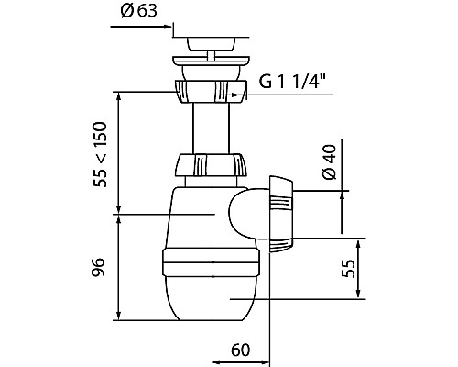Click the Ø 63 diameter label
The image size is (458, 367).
(x=139, y=11)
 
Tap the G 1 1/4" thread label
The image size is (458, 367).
(x=292, y=81)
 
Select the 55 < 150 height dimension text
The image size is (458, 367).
(x=101, y=154)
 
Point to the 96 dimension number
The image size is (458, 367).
(x=98, y=267)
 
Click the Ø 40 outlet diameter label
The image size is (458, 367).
(x=329, y=161)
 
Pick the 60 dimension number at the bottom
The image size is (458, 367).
(x=240, y=350)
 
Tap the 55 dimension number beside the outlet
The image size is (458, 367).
(x=348, y=269)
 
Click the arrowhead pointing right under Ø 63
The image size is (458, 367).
(x=167, y=27)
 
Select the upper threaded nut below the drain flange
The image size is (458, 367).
(x=211, y=91)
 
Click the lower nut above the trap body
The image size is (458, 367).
(x=211, y=165)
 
